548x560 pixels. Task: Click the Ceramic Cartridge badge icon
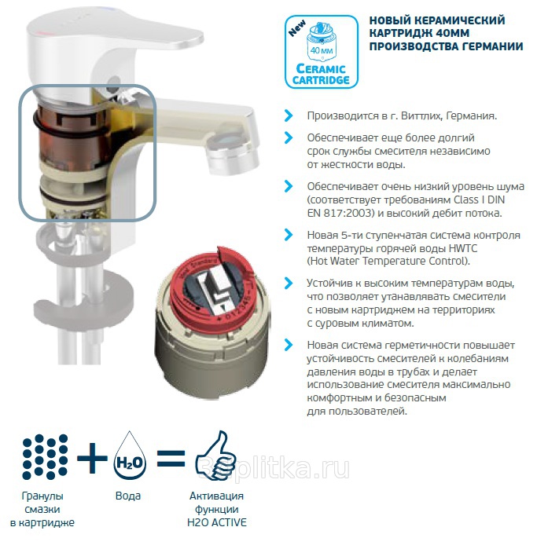(x=322, y=52)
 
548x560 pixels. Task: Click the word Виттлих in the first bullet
(x=421, y=116)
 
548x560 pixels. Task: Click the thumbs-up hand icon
(x=215, y=456)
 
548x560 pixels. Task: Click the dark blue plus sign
(x=92, y=458)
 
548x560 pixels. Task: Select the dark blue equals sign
(x=171, y=459)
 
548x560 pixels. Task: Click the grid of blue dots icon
(x=45, y=457)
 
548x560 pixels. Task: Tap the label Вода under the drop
(x=128, y=496)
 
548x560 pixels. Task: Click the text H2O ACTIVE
(x=217, y=522)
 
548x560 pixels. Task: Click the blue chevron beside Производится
(x=289, y=115)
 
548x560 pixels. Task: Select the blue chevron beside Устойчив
(x=289, y=284)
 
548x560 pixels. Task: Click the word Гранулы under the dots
(x=42, y=496)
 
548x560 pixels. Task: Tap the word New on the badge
(x=297, y=28)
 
